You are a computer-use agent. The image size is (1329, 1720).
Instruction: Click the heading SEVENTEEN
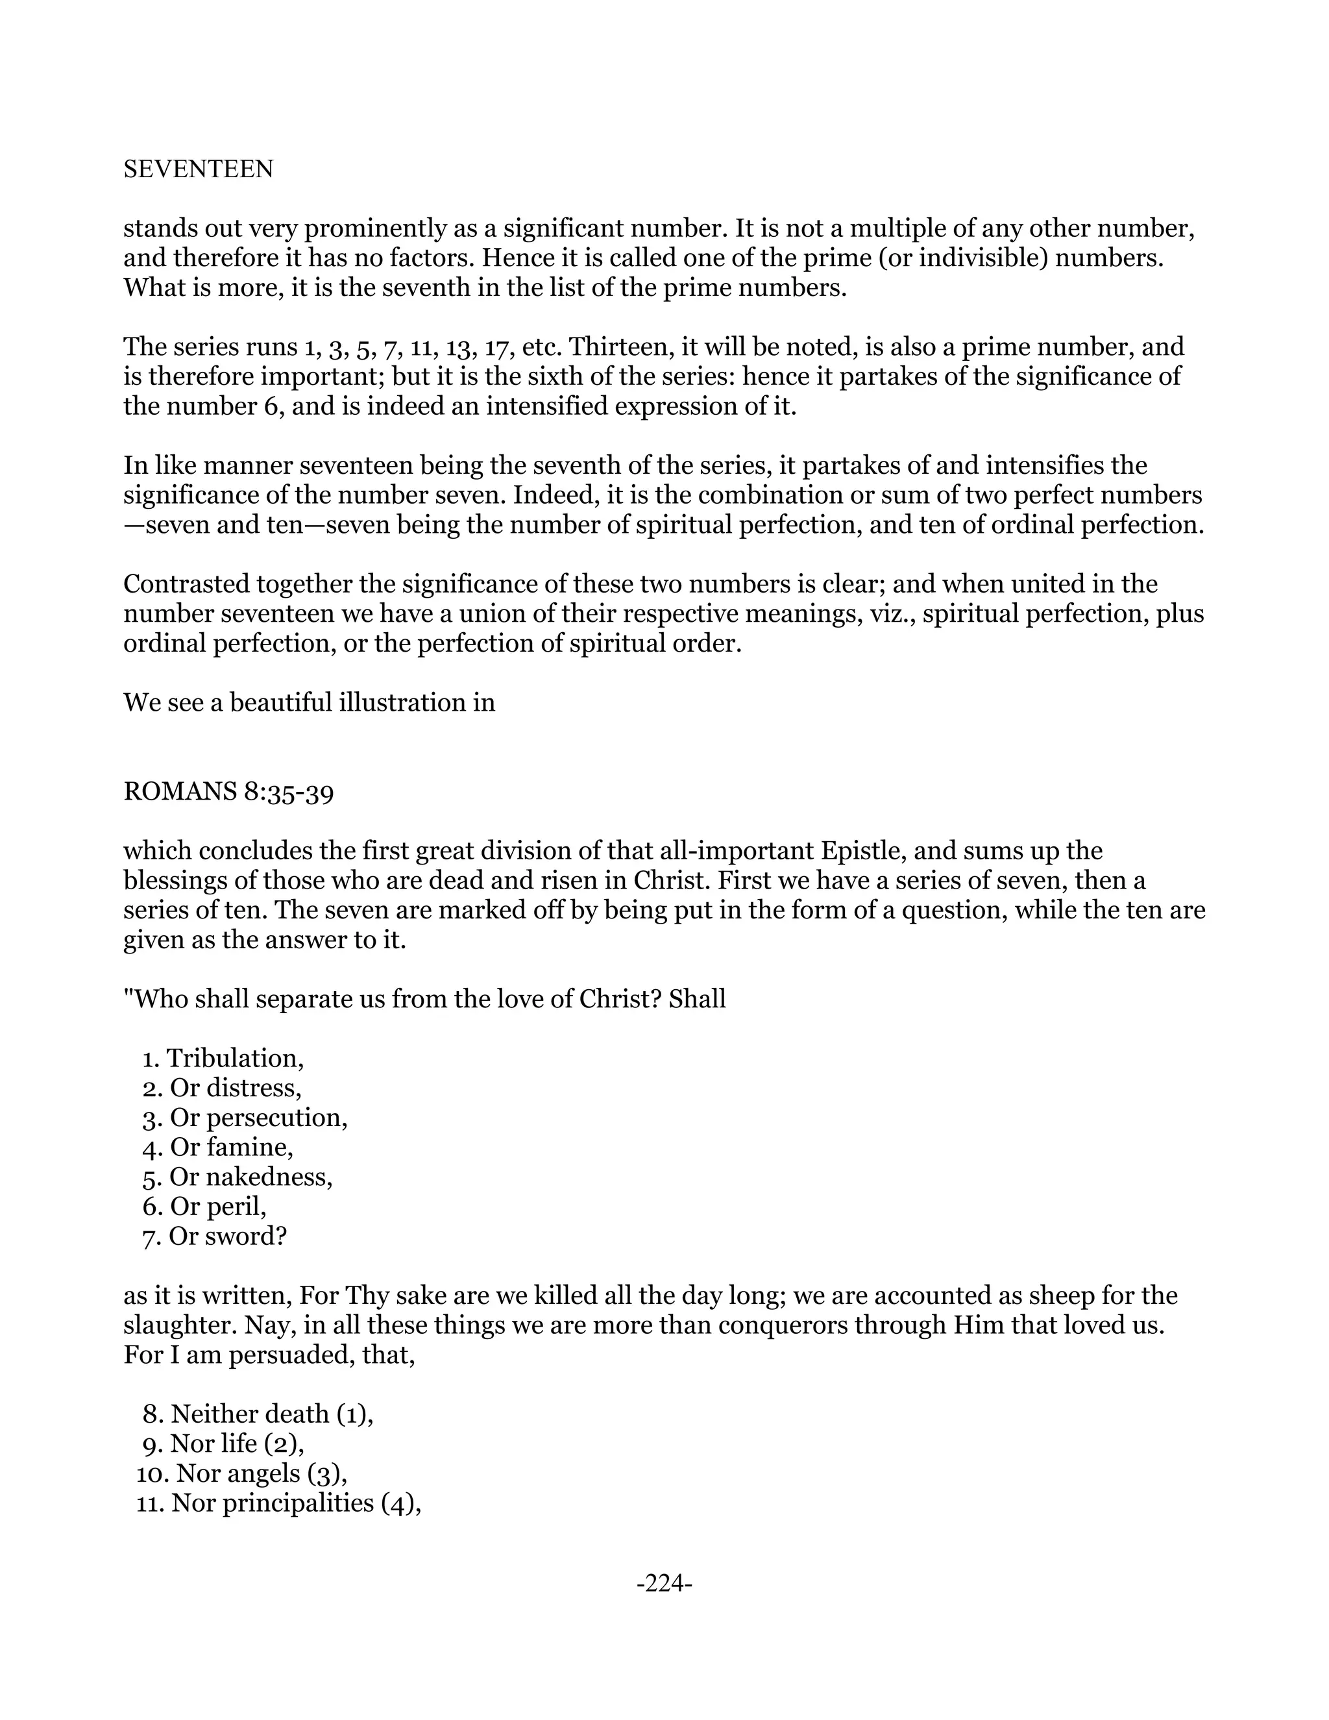coord(199,169)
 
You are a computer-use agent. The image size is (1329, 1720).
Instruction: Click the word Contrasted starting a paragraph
coord(182,584)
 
